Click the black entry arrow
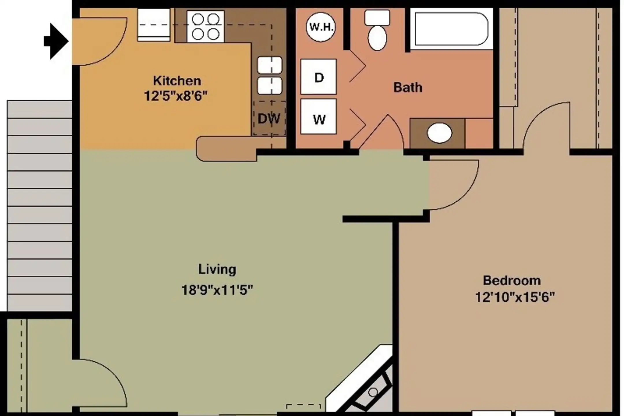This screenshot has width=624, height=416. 57,41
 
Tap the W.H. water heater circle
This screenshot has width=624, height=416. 321,27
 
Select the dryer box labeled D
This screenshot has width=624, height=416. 318,77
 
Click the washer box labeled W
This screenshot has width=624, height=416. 318,116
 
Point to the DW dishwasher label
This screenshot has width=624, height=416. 269,118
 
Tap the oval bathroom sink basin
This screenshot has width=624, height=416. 439,133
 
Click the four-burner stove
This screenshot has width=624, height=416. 205,27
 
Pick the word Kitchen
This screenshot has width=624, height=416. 177,81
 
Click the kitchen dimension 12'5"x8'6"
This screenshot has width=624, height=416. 176,96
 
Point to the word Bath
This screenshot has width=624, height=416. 408,87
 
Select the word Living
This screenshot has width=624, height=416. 217,269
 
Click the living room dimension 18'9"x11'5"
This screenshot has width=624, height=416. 217,290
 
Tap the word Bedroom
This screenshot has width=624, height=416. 512,280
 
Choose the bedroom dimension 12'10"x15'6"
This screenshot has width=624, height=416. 515,297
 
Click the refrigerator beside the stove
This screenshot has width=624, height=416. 154,25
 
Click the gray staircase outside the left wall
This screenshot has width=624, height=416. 40,206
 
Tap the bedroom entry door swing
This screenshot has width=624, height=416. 454,185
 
